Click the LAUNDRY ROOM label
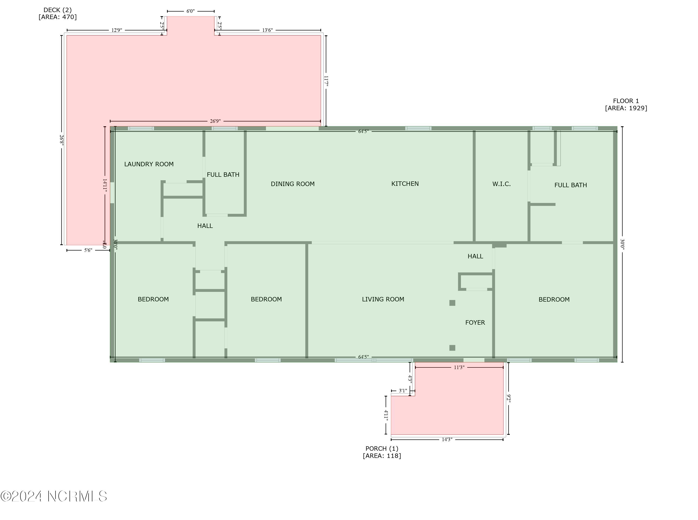149,164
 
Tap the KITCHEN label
405,183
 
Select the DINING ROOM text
292,184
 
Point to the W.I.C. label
501,184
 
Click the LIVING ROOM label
383,299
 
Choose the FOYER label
475,322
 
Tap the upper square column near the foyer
452,303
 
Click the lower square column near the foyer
452,348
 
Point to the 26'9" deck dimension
215,121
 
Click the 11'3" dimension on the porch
459,367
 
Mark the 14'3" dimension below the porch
447,440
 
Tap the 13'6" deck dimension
267,30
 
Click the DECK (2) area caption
58,13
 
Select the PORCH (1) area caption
382,452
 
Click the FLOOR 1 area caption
626,104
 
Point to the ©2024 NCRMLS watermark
54,496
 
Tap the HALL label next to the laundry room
205,226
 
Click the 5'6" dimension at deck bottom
88,250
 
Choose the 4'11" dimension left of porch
386,415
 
